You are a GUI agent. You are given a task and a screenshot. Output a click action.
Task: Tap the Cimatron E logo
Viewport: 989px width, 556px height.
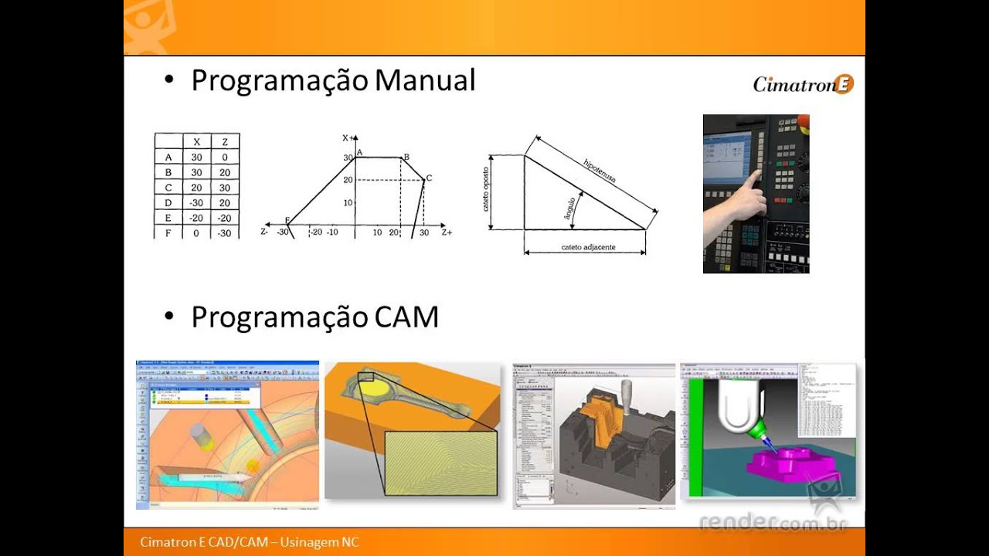coord(803,84)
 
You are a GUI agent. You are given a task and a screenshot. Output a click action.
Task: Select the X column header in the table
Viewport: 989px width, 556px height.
coord(196,141)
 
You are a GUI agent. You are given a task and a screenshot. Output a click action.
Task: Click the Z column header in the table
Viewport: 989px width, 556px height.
coord(225,141)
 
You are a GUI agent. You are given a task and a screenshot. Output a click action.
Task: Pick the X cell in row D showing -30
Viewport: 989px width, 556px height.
coord(196,202)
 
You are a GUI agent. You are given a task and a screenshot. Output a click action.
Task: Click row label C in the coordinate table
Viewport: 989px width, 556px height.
coord(168,188)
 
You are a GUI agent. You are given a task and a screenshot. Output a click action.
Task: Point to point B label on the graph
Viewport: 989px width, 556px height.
coord(406,157)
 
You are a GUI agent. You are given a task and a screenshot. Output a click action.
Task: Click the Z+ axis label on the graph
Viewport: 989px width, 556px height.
coord(447,232)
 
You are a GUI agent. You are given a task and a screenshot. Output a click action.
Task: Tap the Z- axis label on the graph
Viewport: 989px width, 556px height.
coord(265,232)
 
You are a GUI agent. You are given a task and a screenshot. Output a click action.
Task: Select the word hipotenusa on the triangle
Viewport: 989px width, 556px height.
coord(600,171)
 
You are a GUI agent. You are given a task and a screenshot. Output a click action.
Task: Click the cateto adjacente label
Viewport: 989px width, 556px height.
coord(588,246)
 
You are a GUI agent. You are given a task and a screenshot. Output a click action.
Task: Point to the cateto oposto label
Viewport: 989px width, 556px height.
coord(487,190)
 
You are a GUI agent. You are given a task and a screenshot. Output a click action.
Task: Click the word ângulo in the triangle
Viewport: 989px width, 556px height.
coord(570,210)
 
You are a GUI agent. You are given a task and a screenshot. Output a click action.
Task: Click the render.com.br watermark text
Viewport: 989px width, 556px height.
coord(773,524)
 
